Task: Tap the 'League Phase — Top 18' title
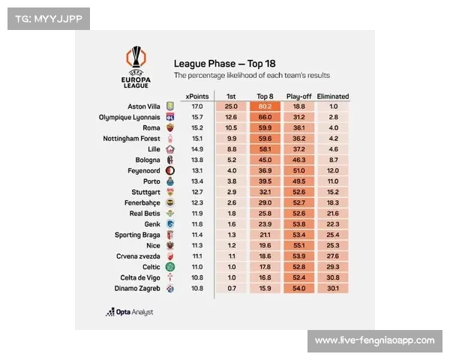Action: [x=224, y=64]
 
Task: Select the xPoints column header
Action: [x=197, y=96]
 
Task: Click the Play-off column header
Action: [x=298, y=96]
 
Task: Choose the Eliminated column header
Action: [x=333, y=96]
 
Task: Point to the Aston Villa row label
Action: [x=144, y=106]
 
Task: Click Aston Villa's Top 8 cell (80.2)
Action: [x=264, y=106]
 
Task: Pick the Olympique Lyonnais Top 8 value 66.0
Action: [x=264, y=117]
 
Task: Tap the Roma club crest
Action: [x=170, y=127]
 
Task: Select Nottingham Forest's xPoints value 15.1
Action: [x=197, y=138]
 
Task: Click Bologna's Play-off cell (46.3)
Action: [x=298, y=160]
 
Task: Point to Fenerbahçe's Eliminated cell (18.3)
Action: [x=333, y=202]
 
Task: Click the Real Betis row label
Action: [x=144, y=214]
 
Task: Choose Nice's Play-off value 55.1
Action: [x=298, y=245]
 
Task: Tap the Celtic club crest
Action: [x=170, y=267]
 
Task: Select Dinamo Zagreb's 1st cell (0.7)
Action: [x=231, y=288]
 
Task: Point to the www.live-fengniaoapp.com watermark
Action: [x=374, y=340]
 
